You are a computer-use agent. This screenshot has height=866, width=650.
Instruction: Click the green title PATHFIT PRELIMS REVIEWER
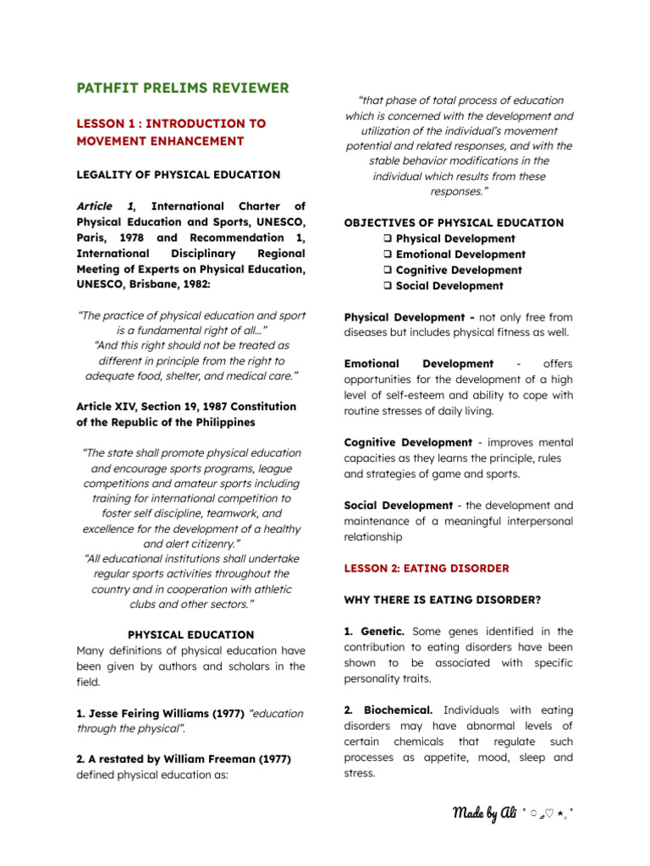pyautogui.click(x=182, y=88)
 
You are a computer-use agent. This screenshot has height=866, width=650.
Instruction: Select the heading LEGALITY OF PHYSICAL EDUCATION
pyautogui.click(x=178, y=175)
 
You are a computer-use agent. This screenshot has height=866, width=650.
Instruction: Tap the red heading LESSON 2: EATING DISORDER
pyautogui.click(x=427, y=568)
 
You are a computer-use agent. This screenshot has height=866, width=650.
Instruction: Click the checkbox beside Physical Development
pyautogui.click(x=387, y=238)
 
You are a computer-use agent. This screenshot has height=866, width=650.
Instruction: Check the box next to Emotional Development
pyautogui.click(x=387, y=255)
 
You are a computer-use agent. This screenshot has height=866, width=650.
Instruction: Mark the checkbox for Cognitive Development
pyautogui.click(x=387, y=271)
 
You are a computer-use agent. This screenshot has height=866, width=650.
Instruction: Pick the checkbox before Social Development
pyautogui.click(x=387, y=287)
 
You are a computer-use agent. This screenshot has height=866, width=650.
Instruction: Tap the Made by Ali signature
pyautogui.click(x=484, y=814)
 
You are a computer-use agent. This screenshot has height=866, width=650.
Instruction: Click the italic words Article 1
pyautogui.click(x=105, y=206)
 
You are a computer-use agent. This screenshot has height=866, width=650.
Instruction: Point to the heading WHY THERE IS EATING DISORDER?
pyautogui.click(x=443, y=600)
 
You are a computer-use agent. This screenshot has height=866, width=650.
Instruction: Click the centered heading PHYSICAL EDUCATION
pyautogui.click(x=190, y=634)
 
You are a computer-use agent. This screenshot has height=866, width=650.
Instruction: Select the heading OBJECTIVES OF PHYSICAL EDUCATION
pyautogui.click(x=454, y=222)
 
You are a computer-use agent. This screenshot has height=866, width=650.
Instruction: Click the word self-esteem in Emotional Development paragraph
pyautogui.click(x=405, y=395)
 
